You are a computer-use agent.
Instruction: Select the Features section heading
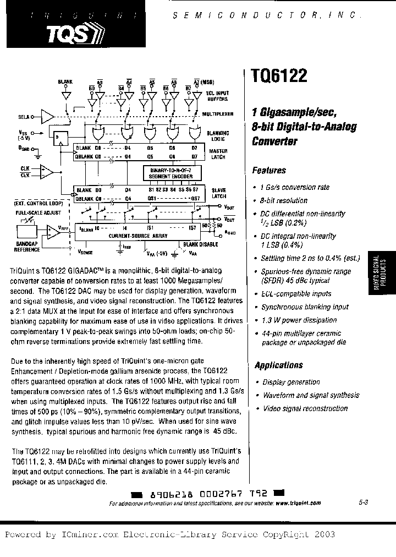[269, 171]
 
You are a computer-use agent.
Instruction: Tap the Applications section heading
[278, 365]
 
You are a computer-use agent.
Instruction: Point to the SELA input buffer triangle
[48, 116]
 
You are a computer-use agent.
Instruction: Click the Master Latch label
[219, 154]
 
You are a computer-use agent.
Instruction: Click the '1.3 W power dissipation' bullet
[299, 320]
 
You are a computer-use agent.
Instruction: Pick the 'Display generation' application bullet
[291, 382]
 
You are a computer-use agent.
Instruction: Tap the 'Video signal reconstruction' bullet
[305, 408]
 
